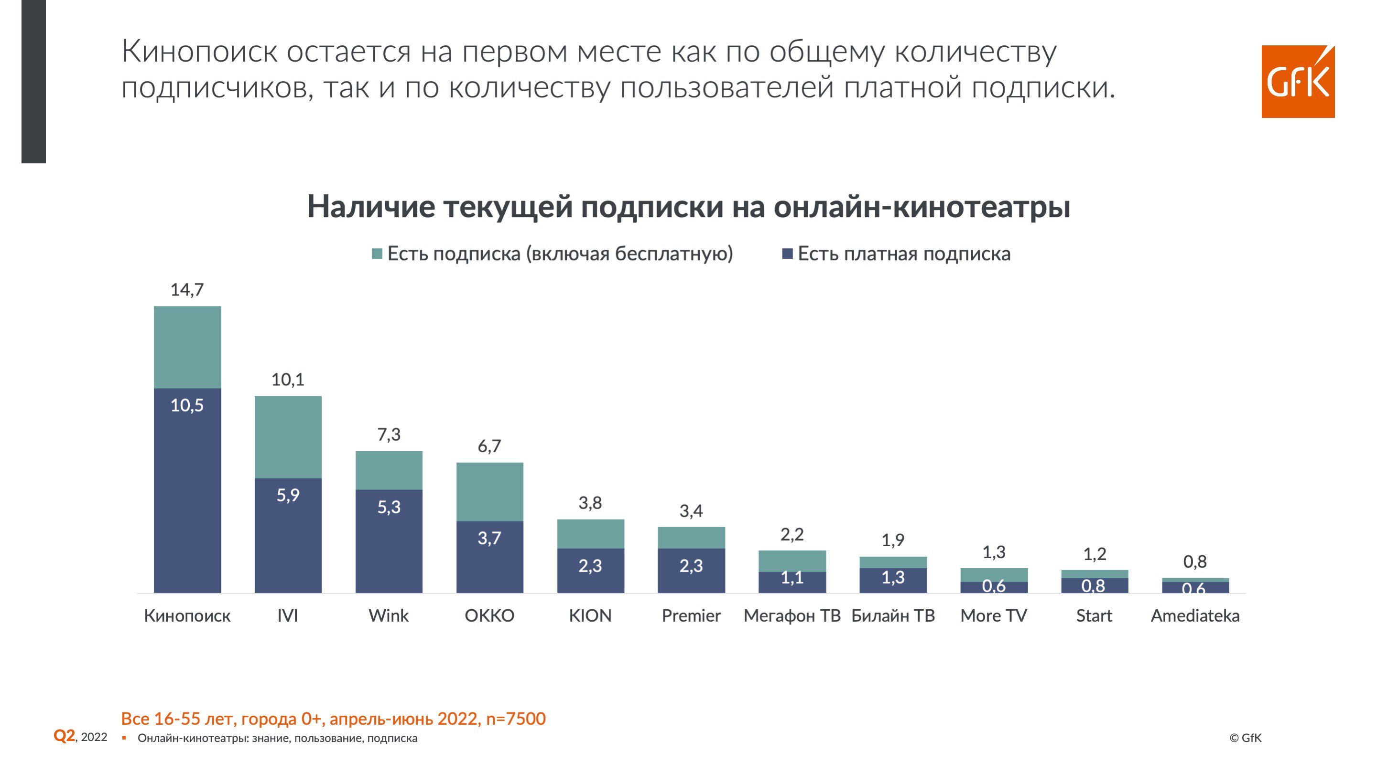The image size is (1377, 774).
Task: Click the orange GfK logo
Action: [1297, 81]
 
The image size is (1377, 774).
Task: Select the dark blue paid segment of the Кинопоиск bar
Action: [187, 497]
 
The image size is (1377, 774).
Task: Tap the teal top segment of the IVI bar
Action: [288, 436]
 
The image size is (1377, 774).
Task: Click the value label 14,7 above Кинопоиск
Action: [187, 289]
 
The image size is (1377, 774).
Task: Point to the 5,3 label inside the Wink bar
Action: [389, 507]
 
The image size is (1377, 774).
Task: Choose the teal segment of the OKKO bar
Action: [489, 491]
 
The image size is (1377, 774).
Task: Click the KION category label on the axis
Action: [590, 615]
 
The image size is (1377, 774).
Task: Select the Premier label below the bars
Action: [691, 615]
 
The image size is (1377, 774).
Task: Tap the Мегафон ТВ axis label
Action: [792, 615]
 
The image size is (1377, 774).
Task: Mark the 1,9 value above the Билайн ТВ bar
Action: [893, 540]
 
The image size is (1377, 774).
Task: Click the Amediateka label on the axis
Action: [1195, 615]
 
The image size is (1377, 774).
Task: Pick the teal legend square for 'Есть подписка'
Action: [377, 254]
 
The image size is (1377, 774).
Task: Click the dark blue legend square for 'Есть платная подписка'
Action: [787, 254]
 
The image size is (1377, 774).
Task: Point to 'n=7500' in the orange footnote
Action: [516, 719]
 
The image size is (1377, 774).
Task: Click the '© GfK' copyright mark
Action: [1245, 738]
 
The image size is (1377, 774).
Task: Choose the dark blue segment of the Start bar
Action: [1094, 585]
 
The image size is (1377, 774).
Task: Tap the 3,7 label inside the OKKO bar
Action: [489, 538]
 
